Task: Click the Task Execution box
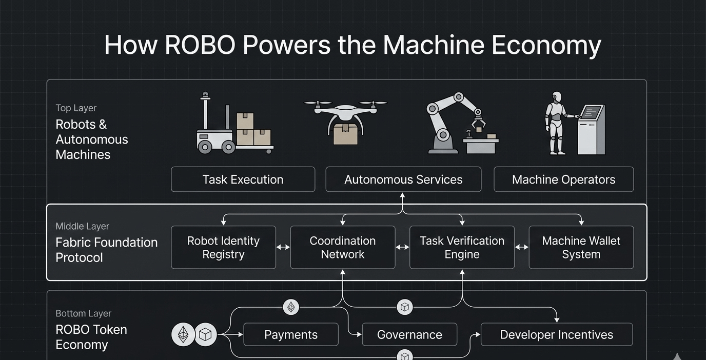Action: pyautogui.click(x=243, y=179)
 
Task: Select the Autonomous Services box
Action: pyautogui.click(x=403, y=179)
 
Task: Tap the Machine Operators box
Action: pyautogui.click(x=563, y=179)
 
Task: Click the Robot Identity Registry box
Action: pyautogui.click(x=223, y=247)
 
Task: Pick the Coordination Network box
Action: pyautogui.click(x=343, y=247)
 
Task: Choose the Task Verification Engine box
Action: pyautogui.click(x=462, y=247)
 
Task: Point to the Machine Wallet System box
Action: pyautogui.click(x=581, y=247)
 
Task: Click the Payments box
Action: pyautogui.click(x=291, y=335)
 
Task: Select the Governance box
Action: pyautogui.click(x=409, y=335)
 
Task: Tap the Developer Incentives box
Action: pyautogui.click(x=557, y=335)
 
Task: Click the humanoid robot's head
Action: pyautogui.click(x=557, y=97)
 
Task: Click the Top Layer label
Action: pyautogui.click(x=76, y=108)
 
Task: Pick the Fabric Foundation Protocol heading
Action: pyautogui.click(x=106, y=250)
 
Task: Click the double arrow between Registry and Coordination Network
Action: pyautogui.click(x=283, y=247)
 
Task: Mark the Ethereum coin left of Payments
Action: pyautogui.click(x=183, y=335)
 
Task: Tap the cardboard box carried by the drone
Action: pyautogui.click(x=345, y=133)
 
